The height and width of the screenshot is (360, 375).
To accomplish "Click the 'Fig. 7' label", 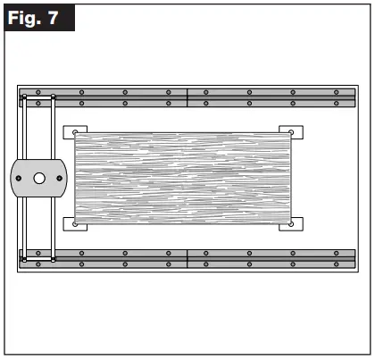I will pos(37,18).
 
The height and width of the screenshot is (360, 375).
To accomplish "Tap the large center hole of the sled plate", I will pos(39,179).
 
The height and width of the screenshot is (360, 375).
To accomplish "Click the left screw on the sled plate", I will pos(18,179).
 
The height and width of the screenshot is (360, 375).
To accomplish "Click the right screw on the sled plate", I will pos(60,179).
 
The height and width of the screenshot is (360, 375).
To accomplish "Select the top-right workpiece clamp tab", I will pos(292,133).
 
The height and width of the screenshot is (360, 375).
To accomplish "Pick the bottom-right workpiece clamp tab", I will pos(292,223).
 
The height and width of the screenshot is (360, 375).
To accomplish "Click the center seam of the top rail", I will pos(187,97).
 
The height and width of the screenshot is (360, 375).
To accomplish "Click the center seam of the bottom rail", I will pos(187,258).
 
